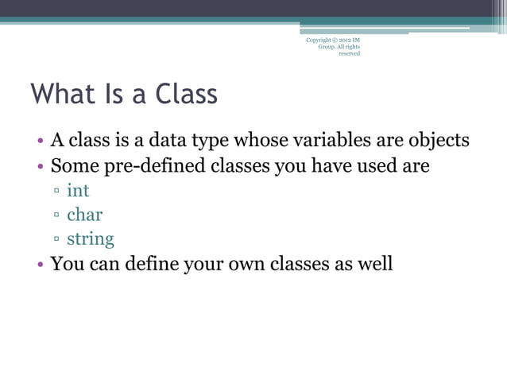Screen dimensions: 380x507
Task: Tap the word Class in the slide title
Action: tap(186, 95)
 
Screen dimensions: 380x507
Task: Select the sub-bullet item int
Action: tap(78, 191)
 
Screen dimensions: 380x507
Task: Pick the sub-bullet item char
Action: tap(84, 215)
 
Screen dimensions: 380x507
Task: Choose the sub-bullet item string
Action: tap(90, 238)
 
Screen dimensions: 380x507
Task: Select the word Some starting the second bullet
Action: tap(74, 166)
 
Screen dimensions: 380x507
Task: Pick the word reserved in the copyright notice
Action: tap(349, 54)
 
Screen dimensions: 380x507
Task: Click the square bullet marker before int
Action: tap(57, 192)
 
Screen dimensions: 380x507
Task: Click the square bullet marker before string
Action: tap(57, 240)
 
